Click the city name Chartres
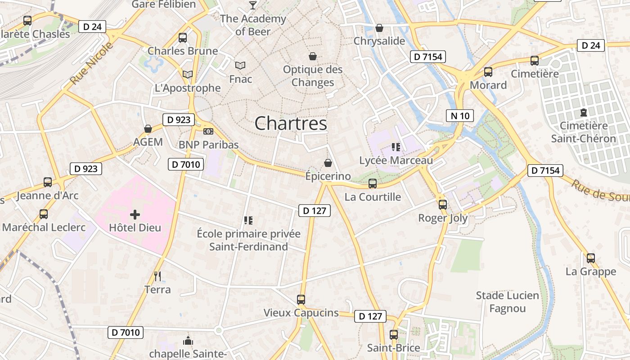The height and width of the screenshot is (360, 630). click(x=291, y=123)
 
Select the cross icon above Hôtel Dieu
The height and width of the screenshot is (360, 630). click(x=135, y=215)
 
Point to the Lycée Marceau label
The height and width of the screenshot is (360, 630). click(x=396, y=160)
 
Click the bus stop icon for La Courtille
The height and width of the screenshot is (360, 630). click(x=373, y=184)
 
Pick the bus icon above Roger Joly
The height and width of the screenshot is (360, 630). click(x=443, y=205)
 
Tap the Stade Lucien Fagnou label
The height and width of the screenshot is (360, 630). click(x=508, y=302)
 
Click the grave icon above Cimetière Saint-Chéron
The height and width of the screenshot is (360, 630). click(x=584, y=112)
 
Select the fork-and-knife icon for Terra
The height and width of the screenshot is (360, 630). click(x=157, y=276)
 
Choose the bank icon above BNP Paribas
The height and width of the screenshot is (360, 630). click(x=208, y=131)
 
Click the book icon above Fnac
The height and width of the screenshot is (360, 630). click(x=241, y=66)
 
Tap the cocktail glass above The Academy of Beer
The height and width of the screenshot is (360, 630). click(x=252, y=5)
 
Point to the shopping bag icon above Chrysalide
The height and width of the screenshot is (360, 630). click(x=379, y=28)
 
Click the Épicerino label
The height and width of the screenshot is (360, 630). click(x=328, y=176)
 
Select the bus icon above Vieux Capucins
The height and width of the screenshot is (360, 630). click(x=301, y=299)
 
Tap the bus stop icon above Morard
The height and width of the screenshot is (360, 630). click(x=488, y=72)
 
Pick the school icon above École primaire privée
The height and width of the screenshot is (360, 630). click(x=248, y=220)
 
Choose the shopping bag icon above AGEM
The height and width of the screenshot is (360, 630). click(x=148, y=129)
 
